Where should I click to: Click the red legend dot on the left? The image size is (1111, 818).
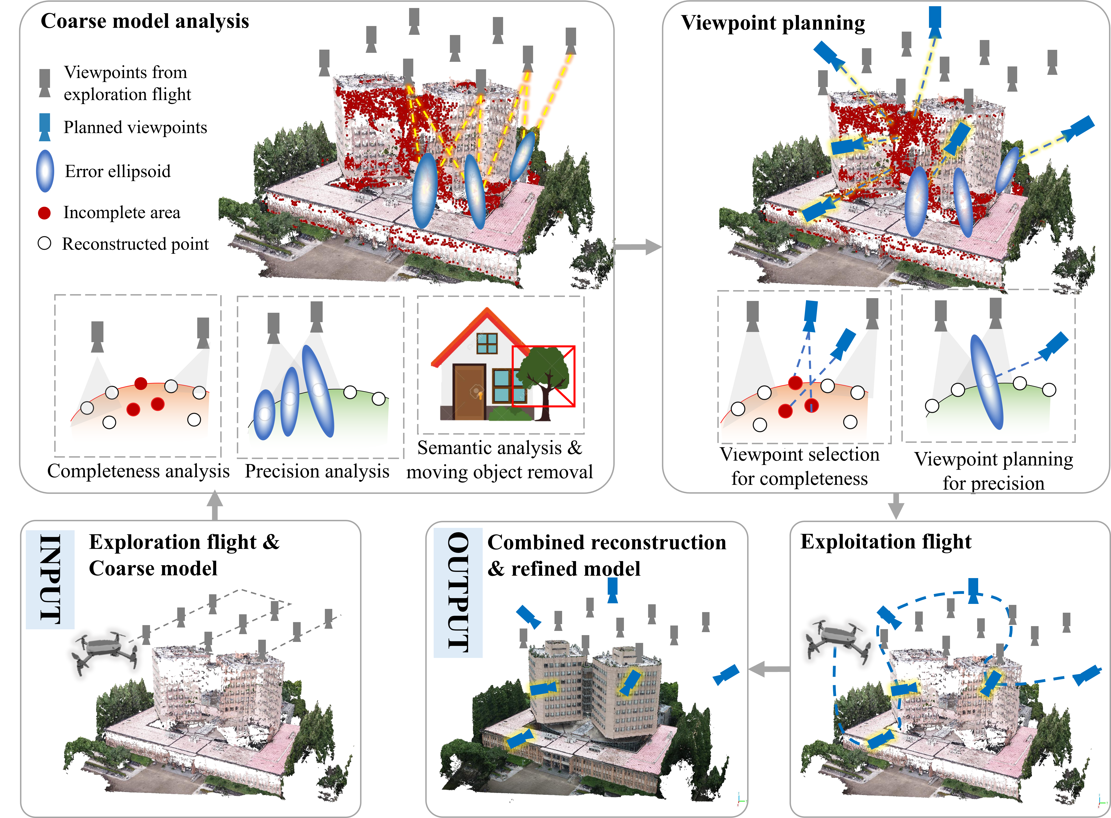(x=44, y=213)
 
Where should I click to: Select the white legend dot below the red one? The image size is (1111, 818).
(x=44, y=243)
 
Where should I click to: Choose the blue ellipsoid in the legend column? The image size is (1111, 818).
(x=45, y=171)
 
